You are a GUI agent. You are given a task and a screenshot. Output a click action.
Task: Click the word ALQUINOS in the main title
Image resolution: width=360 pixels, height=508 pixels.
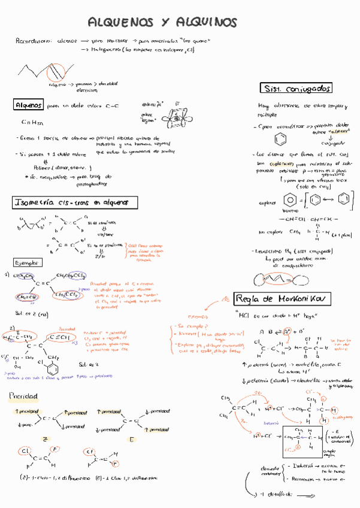click(207, 23)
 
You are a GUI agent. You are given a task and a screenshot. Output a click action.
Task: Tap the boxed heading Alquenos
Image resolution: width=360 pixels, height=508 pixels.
click(28, 105)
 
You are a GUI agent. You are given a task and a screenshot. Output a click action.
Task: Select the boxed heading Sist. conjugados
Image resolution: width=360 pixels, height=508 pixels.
click(296, 88)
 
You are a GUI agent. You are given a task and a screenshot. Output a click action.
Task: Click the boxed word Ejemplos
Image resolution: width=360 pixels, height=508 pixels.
click(27, 262)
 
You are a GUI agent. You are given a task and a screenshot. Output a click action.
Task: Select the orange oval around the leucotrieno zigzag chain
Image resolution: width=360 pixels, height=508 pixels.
click(279, 279)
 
